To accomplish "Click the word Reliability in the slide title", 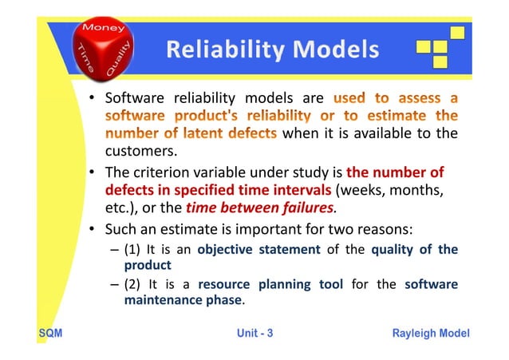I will [x=217, y=51].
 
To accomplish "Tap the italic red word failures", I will [x=307, y=210].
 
